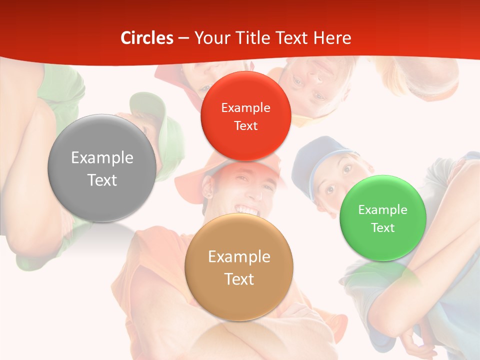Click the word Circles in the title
pyautogui.click(x=146, y=38)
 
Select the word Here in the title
pyautogui.click(x=332, y=38)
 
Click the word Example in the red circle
pyautogui.click(x=245, y=108)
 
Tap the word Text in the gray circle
pyautogui.click(x=102, y=180)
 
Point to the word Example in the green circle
pyautogui.click(x=383, y=210)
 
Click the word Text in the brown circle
pyautogui.click(x=239, y=279)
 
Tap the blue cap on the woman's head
pyautogui.click(x=315, y=155)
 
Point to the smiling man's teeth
pyautogui.click(x=248, y=209)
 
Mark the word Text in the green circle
pyautogui.click(x=383, y=228)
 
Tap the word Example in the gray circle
pyautogui.click(x=102, y=158)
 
